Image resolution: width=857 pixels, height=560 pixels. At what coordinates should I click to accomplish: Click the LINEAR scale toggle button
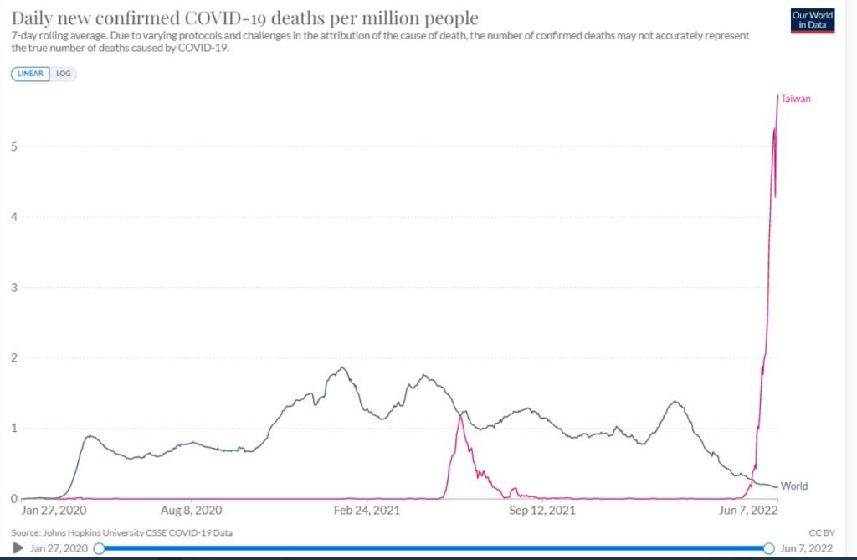[30, 74]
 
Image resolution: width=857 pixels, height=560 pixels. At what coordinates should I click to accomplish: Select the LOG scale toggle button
[64, 74]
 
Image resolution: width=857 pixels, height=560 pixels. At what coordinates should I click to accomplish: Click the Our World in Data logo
[812, 21]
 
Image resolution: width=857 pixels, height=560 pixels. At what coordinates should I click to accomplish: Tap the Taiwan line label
[796, 99]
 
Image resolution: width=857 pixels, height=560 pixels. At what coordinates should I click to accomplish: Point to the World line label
[794, 486]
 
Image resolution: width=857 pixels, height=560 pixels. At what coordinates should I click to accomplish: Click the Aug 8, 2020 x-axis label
[192, 510]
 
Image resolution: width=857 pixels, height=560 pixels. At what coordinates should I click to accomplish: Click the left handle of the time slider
[99, 547]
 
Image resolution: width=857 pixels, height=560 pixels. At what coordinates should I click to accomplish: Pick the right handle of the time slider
[769, 547]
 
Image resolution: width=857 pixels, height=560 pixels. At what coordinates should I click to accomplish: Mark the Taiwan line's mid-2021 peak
[460, 416]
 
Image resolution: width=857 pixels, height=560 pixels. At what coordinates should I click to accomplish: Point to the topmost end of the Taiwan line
[778, 95]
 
